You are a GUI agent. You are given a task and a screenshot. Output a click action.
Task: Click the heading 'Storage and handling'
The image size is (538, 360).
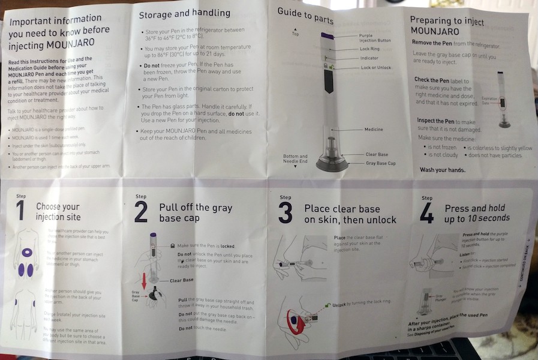point(184,13)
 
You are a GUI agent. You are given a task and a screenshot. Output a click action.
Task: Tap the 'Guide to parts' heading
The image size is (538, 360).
point(305,16)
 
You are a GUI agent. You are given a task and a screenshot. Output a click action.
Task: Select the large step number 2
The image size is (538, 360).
point(141,212)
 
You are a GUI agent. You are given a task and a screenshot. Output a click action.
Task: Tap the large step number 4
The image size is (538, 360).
point(426,213)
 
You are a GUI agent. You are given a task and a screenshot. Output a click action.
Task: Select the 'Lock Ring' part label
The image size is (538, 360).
point(369,48)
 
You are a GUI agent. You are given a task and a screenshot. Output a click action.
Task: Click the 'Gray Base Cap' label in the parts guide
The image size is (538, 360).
point(381,164)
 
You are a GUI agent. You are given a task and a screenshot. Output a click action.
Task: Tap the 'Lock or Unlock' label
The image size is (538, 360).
point(375,68)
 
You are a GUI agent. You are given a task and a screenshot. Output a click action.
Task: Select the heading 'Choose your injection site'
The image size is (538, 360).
point(58,212)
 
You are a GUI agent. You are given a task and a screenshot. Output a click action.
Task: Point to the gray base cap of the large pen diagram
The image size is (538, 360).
point(332,165)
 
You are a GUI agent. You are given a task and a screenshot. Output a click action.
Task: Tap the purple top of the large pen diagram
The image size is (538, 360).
point(327,36)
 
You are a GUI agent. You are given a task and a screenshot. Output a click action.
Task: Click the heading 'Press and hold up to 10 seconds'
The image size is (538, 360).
point(477,213)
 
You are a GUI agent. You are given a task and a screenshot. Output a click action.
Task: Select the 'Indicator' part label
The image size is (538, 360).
point(369,58)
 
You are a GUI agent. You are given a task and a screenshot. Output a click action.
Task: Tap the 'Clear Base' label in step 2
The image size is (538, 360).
point(181,280)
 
